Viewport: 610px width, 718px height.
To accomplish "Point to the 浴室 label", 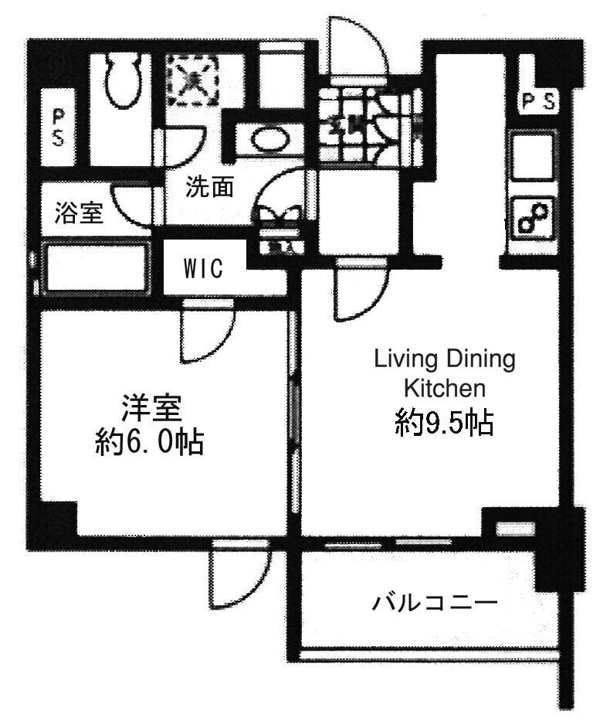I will [78, 213].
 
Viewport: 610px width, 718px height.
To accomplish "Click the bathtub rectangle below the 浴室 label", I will [96, 267].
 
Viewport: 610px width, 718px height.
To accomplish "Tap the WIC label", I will [203, 269].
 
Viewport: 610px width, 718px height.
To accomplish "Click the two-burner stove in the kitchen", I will [534, 217].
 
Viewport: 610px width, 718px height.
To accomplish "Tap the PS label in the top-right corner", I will [539, 100].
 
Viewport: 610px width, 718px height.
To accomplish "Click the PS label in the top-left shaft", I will [59, 129].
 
